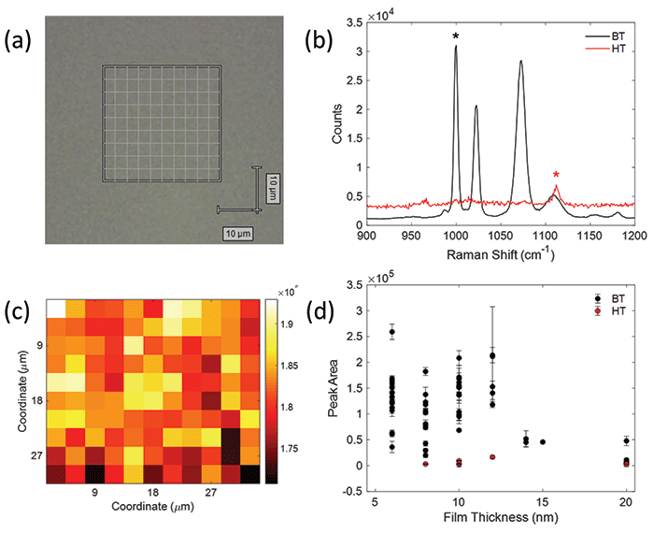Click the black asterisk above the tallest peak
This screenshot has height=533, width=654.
coord(456,36)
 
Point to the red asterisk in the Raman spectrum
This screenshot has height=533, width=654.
coord(556,175)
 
